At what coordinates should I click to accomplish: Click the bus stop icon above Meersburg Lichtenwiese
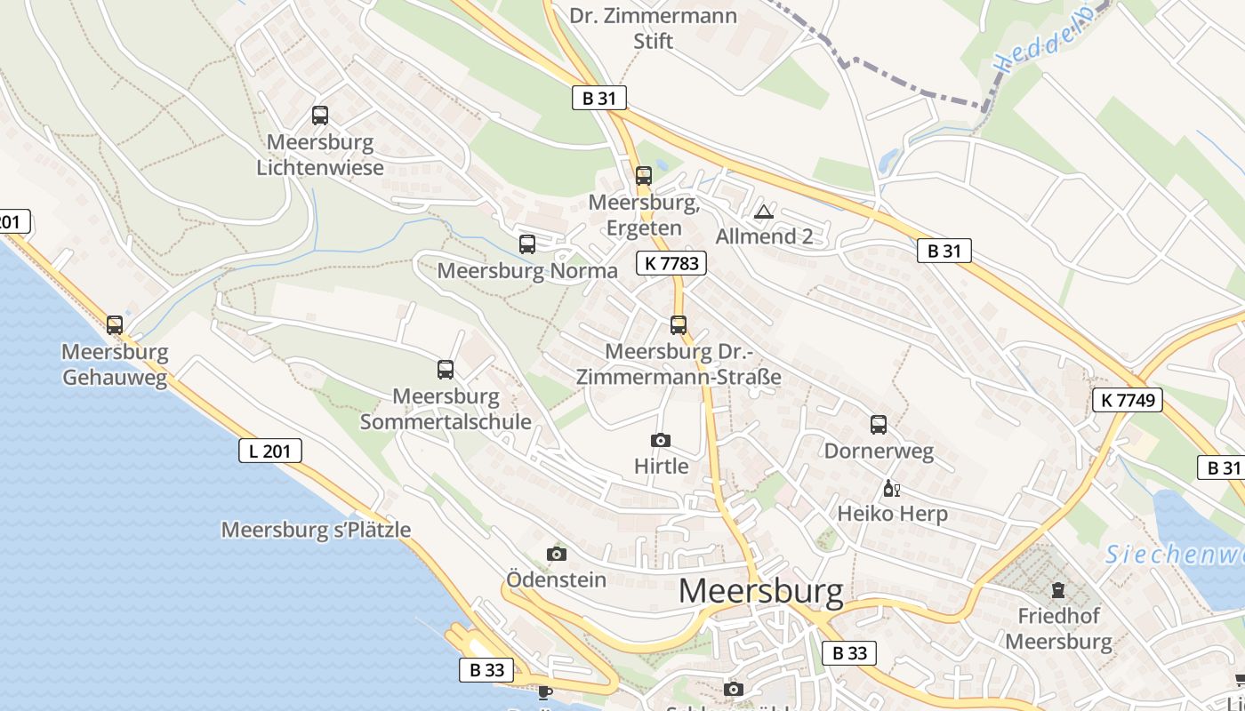pos(320,116)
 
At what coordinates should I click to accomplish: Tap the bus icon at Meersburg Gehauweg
pos(115,325)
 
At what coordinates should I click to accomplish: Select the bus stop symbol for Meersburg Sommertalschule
pos(446,370)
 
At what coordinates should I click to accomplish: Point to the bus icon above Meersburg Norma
pos(527,244)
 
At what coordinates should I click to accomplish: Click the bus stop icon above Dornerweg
pos(879,425)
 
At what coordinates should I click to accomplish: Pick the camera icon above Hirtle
pos(660,440)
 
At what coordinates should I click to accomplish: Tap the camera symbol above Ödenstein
pos(557,555)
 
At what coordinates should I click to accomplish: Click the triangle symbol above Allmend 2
pos(763,212)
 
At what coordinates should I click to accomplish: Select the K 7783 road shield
pos(671,263)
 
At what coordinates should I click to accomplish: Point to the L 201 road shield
pos(270,451)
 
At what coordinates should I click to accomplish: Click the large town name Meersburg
pos(761,591)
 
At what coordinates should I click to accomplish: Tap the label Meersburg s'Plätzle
pos(316,531)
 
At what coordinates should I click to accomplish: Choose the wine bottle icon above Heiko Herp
pos(891,489)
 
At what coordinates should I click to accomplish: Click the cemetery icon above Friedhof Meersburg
pos(1058,589)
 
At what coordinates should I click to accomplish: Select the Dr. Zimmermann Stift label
pos(654,28)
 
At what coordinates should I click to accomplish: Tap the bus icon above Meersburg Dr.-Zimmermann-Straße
pos(679,325)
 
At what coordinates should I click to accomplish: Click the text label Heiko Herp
pos(893,514)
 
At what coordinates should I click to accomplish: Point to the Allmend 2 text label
pos(765,236)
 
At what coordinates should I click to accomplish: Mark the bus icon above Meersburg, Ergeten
pos(644,176)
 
